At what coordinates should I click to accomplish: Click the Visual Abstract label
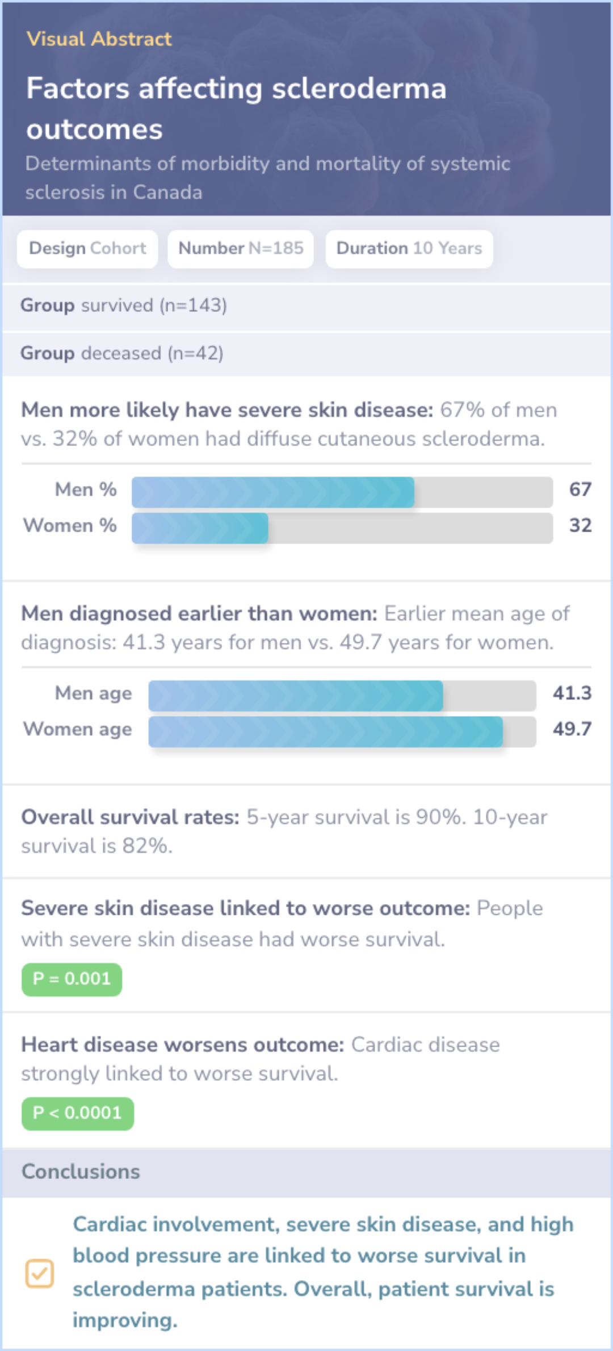point(99,39)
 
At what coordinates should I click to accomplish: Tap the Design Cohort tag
point(87,249)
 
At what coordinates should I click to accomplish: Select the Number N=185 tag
point(241,249)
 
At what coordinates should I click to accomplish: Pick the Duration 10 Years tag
point(409,249)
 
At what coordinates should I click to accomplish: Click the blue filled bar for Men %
point(272,492)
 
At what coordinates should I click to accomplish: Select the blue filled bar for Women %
point(200,528)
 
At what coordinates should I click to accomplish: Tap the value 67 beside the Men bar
point(580,490)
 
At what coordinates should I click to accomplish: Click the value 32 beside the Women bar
point(580,525)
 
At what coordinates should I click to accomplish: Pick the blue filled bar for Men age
point(295,696)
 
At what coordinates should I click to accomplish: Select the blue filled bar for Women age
point(325,731)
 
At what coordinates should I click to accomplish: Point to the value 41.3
point(572,693)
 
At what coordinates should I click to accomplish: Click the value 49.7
point(572,729)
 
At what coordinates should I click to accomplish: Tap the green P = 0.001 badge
point(72,979)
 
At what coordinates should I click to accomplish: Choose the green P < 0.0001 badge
point(78,1113)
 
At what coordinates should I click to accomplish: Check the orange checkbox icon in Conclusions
point(40,1273)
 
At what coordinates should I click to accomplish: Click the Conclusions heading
point(81,1172)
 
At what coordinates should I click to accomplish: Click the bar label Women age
point(78,729)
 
